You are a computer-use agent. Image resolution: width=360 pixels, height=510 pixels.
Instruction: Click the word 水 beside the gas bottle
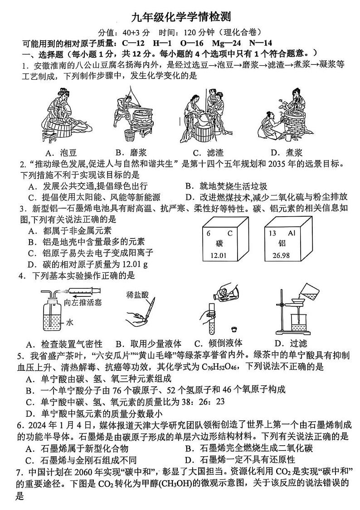coord(70,323)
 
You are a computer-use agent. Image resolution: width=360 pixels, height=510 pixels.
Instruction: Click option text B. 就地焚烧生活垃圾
coord(226,186)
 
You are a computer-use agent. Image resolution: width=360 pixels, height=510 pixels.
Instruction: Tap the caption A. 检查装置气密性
coord(65,343)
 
